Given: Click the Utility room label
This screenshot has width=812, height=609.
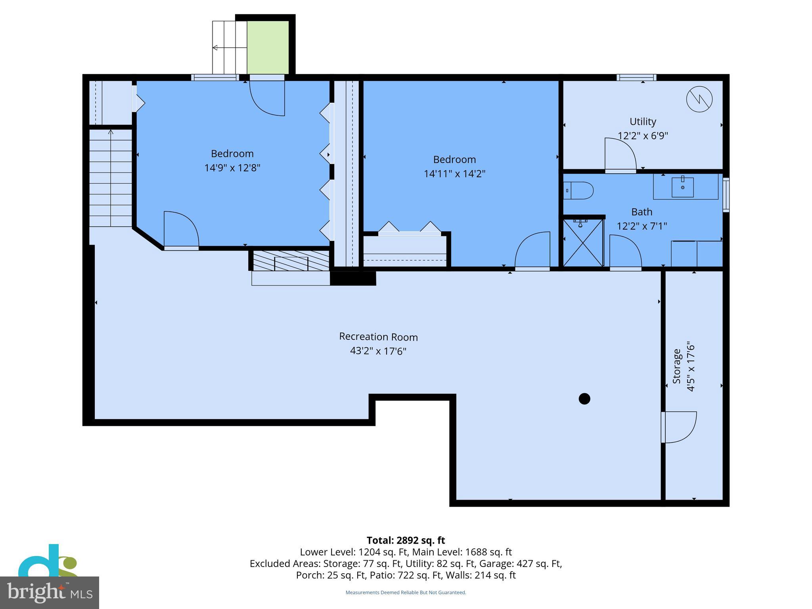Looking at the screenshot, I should click(x=642, y=121).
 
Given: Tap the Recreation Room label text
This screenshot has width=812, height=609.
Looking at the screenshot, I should click(x=378, y=337).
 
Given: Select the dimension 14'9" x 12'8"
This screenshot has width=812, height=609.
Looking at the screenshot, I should click(x=232, y=168).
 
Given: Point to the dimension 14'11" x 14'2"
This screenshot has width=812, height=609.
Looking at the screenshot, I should click(x=454, y=174).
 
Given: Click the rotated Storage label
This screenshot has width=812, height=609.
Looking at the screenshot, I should click(x=677, y=366).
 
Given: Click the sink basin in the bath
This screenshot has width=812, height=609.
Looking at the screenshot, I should click(x=682, y=187).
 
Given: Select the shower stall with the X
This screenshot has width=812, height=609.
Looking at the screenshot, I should click(x=583, y=243).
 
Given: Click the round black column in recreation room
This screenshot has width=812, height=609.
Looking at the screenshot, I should click(x=584, y=398).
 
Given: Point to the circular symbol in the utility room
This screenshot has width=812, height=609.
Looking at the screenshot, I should click(x=699, y=99).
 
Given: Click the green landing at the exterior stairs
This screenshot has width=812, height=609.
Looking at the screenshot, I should click(x=268, y=47).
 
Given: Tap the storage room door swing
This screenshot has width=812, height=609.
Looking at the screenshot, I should click(x=679, y=427).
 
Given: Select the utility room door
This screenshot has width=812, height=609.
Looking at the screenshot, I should click(x=619, y=155).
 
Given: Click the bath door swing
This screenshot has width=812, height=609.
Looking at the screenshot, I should click(x=625, y=251).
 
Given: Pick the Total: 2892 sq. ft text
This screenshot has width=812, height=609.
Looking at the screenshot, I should click(x=406, y=540).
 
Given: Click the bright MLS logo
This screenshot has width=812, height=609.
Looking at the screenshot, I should click(x=49, y=593).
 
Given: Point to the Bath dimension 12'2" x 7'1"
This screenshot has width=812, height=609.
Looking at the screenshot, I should click(x=642, y=226).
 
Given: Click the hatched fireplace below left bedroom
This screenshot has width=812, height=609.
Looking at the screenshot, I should click(x=291, y=261).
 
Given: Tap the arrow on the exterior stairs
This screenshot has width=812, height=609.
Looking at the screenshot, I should click(x=215, y=48).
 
